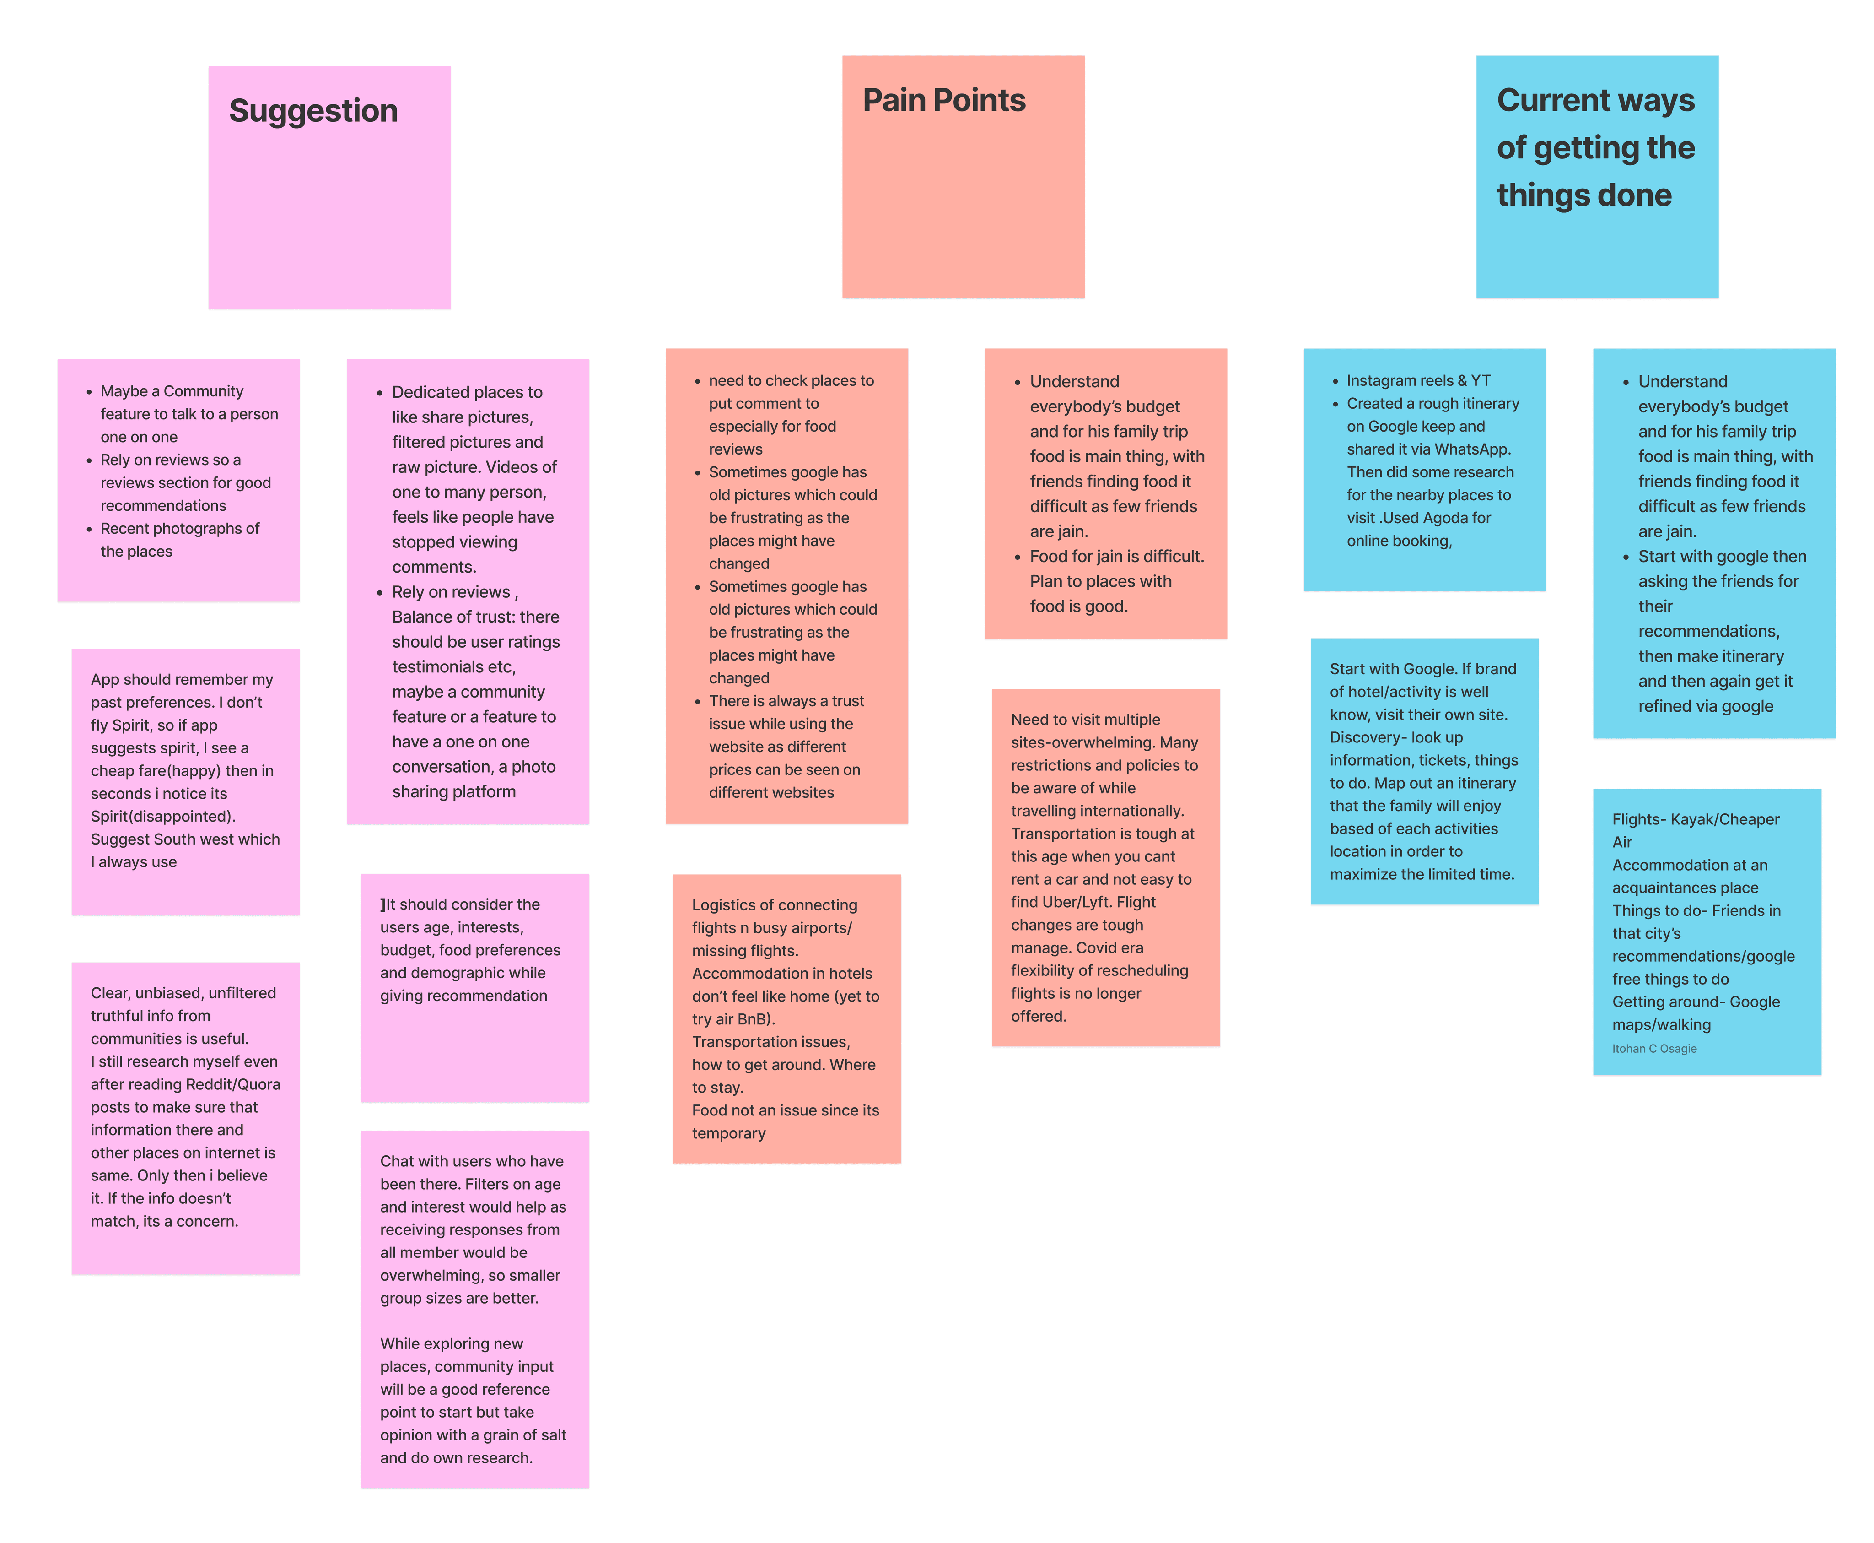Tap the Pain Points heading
pyautogui.click(x=944, y=100)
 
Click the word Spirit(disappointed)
pyautogui.click(x=162, y=816)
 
